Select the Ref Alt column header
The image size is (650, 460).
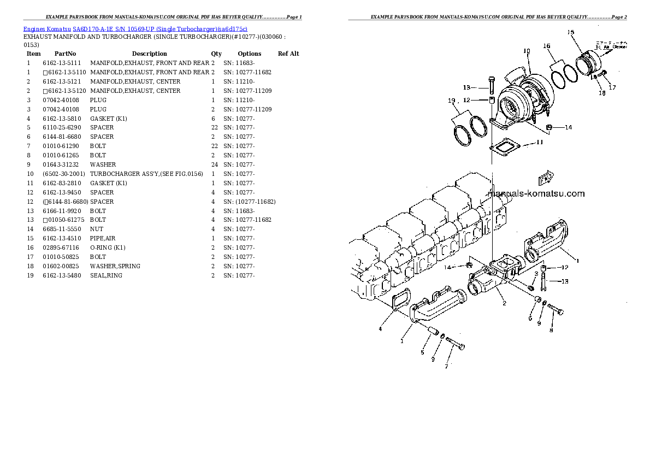tap(288, 54)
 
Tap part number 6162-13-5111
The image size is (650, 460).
tap(61, 63)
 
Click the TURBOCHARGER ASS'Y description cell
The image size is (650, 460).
tap(146, 174)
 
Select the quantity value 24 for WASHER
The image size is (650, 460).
tap(214, 164)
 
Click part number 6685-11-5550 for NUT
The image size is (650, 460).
tap(61, 229)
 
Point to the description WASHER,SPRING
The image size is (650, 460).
tap(115, 266)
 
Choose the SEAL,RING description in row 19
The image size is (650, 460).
tap(106, 275)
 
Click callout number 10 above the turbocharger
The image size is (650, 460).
tap(527, 51)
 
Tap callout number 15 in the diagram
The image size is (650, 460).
tap(570, 32)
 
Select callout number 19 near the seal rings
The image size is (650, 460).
tap(451, 101)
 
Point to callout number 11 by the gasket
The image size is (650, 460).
tap(539, 143)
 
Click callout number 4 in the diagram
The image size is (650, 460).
tap(380, 328)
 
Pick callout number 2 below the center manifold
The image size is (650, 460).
tap(504, 303)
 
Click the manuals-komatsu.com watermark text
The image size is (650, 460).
tap(535, 193)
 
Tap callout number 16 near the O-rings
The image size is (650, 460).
tap(546, 46)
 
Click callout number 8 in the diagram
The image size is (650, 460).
tap(551, 329)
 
